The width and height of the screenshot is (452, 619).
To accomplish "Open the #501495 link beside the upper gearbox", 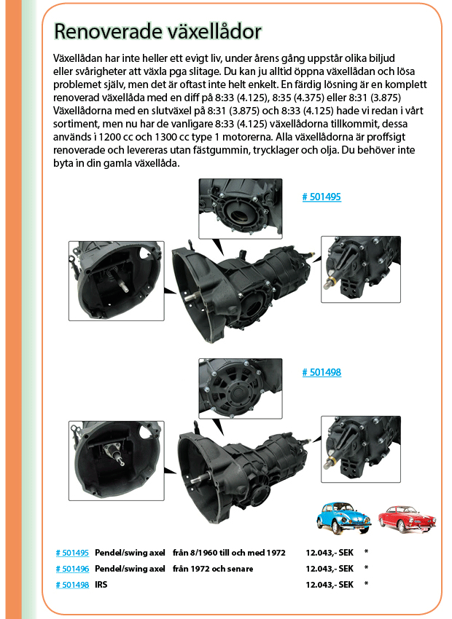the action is click(x=322, y=197).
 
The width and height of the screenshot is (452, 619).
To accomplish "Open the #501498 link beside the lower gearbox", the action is click(x=322, y=372).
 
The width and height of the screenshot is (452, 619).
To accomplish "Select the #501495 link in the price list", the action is click(x=72, y=553).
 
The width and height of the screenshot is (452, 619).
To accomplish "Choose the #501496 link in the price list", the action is click(x=72, y=569).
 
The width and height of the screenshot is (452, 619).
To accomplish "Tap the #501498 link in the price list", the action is click(x=72, y=585).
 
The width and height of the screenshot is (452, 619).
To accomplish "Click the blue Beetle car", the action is click(x=344, y=518).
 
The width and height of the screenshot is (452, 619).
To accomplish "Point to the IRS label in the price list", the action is click(x=101, y=585).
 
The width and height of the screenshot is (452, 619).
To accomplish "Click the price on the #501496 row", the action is click(x=330, y=569).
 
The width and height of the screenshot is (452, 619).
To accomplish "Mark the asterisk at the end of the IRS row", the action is click(x=366, y=584).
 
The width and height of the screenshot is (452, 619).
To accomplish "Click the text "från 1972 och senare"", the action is click(x=213, y=569).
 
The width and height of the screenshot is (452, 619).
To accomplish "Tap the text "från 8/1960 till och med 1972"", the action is click(x=229, y=553).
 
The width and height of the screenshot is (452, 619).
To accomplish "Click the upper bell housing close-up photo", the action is click(x=117, y=281).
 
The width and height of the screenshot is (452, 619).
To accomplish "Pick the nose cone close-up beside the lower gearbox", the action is click(x=361, y=449).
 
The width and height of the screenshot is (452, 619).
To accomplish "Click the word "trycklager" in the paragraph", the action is click(x=300, y=150).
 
